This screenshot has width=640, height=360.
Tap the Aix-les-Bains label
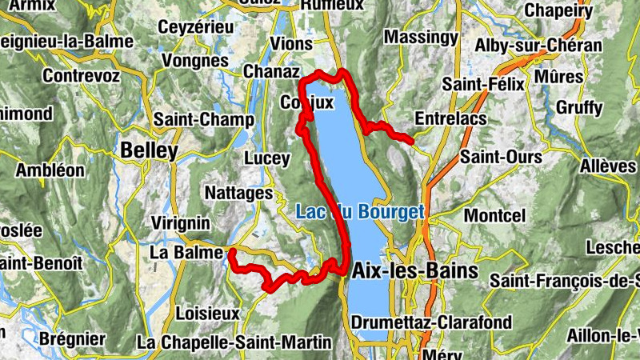coord(414,270)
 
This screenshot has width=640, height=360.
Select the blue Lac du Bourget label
coord(359,213)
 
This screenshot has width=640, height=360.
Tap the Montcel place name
coord(494,216)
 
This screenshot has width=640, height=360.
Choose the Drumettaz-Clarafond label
coord(431,322)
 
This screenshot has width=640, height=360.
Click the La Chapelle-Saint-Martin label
coord(234,342)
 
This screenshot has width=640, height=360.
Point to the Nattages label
coord(239,193)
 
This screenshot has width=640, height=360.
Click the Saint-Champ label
coord(203,120)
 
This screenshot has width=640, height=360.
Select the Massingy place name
coord(421,37)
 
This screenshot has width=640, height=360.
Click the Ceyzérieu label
coord(196,26)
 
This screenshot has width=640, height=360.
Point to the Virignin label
coord(180,222)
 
